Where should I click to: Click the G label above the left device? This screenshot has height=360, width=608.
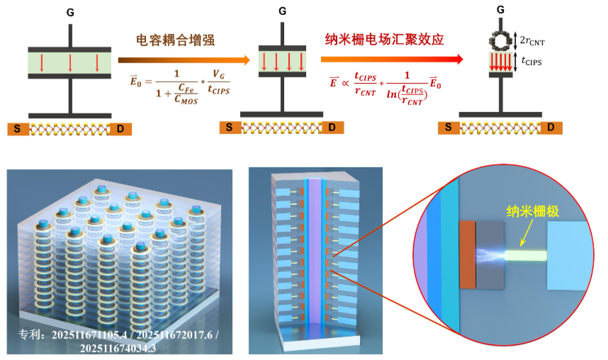click(70, 12)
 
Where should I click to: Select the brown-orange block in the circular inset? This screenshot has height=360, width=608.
click(468, 254)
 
